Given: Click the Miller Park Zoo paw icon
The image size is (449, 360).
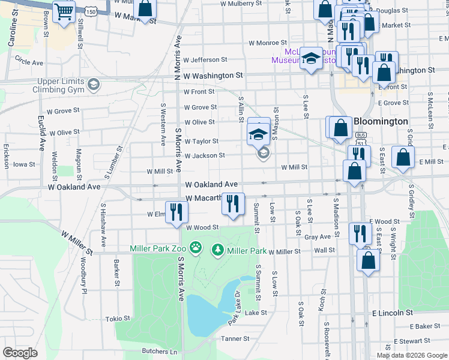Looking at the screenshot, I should (196, 247).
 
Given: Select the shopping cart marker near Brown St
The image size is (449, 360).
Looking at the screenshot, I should (64, 11).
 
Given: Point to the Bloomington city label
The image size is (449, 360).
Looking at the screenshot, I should (381, 121).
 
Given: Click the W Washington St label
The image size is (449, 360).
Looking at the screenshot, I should (213, 76).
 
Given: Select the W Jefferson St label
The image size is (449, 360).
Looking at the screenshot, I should (205, 60).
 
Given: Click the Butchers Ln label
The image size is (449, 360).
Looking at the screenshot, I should (160, 351).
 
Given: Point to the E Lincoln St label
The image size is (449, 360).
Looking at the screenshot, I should (393, 313).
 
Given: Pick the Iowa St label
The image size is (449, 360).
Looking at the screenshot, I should (25, 164).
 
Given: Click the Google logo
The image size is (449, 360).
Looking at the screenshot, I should (20, 353).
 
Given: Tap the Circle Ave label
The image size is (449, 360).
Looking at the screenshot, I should (29, 62).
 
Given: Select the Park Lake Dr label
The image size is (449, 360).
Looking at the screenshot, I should (234, 308).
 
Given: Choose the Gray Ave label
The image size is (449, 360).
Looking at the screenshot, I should (318, 237).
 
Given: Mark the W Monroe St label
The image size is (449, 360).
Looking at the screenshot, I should (268, 43).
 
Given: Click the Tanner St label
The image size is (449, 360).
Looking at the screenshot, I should (235, 339).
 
